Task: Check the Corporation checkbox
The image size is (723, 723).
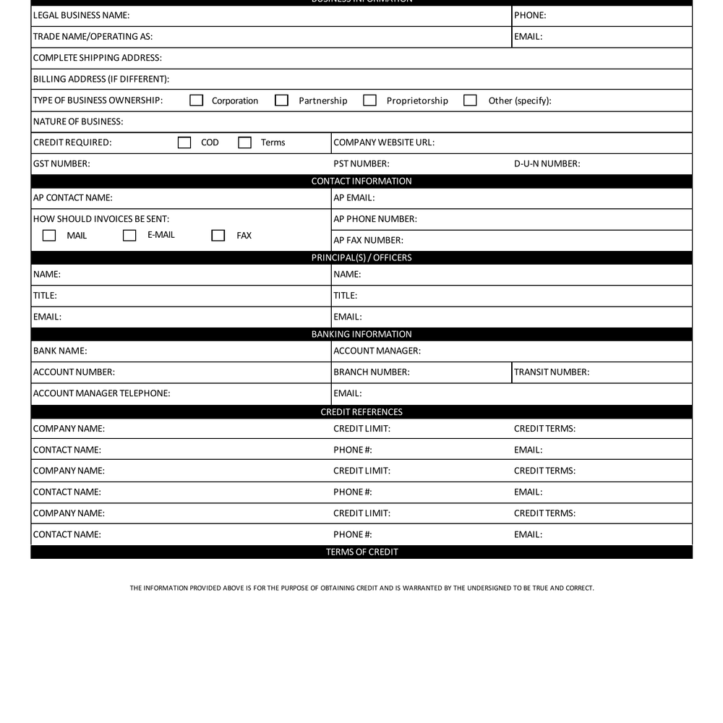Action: pyautogui.click(x=196, y=100)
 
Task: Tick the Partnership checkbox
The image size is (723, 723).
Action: pyautogui.click(x=282, y=100)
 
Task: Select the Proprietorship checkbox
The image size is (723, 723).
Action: pyautogui.click(x=369, y=100)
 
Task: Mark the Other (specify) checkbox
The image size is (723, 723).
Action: pyautogui.click(x=470, y=100)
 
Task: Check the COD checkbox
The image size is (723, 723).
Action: pyautogui.click(x=184, y=142)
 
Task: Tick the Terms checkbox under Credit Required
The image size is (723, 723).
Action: pyautogui.click(x=245, y=142)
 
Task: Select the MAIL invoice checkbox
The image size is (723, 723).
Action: pyautogui.click(x=49, y=235)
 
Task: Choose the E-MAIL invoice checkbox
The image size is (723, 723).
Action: pyautogui.click(x=129, y=235)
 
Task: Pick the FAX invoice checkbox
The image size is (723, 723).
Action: pyautogui.click(x=218, y=235)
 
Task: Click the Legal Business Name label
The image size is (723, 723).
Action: pyautogui.click(x=82, y=15)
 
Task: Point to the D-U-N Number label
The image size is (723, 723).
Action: pyautogui.click(x=547, y=164)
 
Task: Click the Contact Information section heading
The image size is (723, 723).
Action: pyautogui.click(x=361, y=181)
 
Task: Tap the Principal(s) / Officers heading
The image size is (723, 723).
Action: pyautogui.click(x=361, y=258)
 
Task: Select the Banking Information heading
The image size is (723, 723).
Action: pyautogui.click(x=361, y=335)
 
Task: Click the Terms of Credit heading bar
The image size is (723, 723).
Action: pyautogui.click(x=361, y=552)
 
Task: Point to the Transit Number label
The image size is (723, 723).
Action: pyautogui.click(x=552, y=372)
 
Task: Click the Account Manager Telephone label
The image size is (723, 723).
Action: pyautogui.click(x=102, y=393)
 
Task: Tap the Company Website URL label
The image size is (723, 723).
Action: pyautogui.click(x=384, y=142)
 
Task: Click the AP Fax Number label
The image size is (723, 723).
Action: pyautogui.click(x=368, y=240)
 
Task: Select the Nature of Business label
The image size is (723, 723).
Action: pyautogui.click(x=78, y=121)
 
